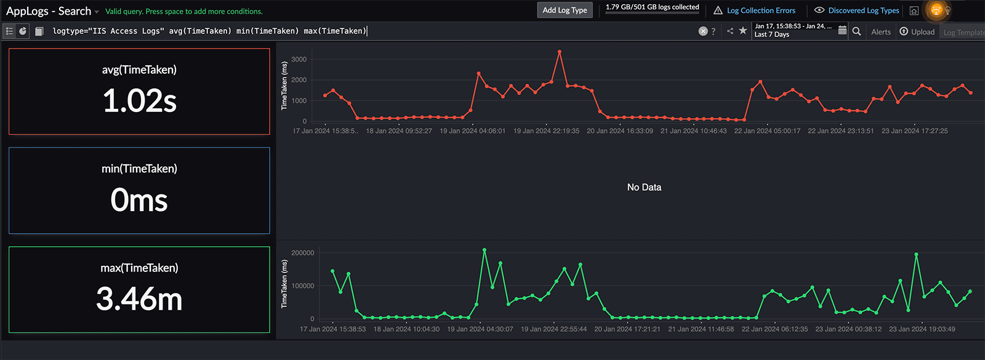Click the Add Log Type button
[x=565, y=10]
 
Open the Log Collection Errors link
[x=760, y=10]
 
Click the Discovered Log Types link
[x=863, y=10]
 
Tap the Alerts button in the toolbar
[x=881, y=32]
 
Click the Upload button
[x=922, y=32]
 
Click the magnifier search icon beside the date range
[x=856, y=31]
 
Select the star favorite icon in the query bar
[x=743, y=31]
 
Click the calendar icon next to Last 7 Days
[x=842, y=31]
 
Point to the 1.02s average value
[x=140, y=101]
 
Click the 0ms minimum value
[x=139, y=201]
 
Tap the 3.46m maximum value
[x=139, y=300]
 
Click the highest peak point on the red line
[x=559, y=52]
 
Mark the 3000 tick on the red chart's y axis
[x=299, y=60]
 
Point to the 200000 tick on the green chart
[x=302, y=253]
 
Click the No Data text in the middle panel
[x=644, y=187]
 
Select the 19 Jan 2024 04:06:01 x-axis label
[x=472, y=131]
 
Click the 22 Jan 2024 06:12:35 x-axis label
[x=774, y=329]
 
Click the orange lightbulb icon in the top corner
[x=936, y=10]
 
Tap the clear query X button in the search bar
[x=702, y=31]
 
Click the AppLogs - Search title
[x=49, y=11]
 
